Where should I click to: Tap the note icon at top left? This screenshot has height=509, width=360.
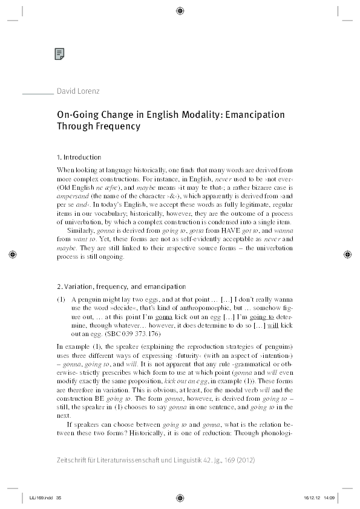point(59,54)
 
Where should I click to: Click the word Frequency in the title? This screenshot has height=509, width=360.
point(116,126)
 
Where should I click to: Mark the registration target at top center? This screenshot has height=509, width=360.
point(180,10)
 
